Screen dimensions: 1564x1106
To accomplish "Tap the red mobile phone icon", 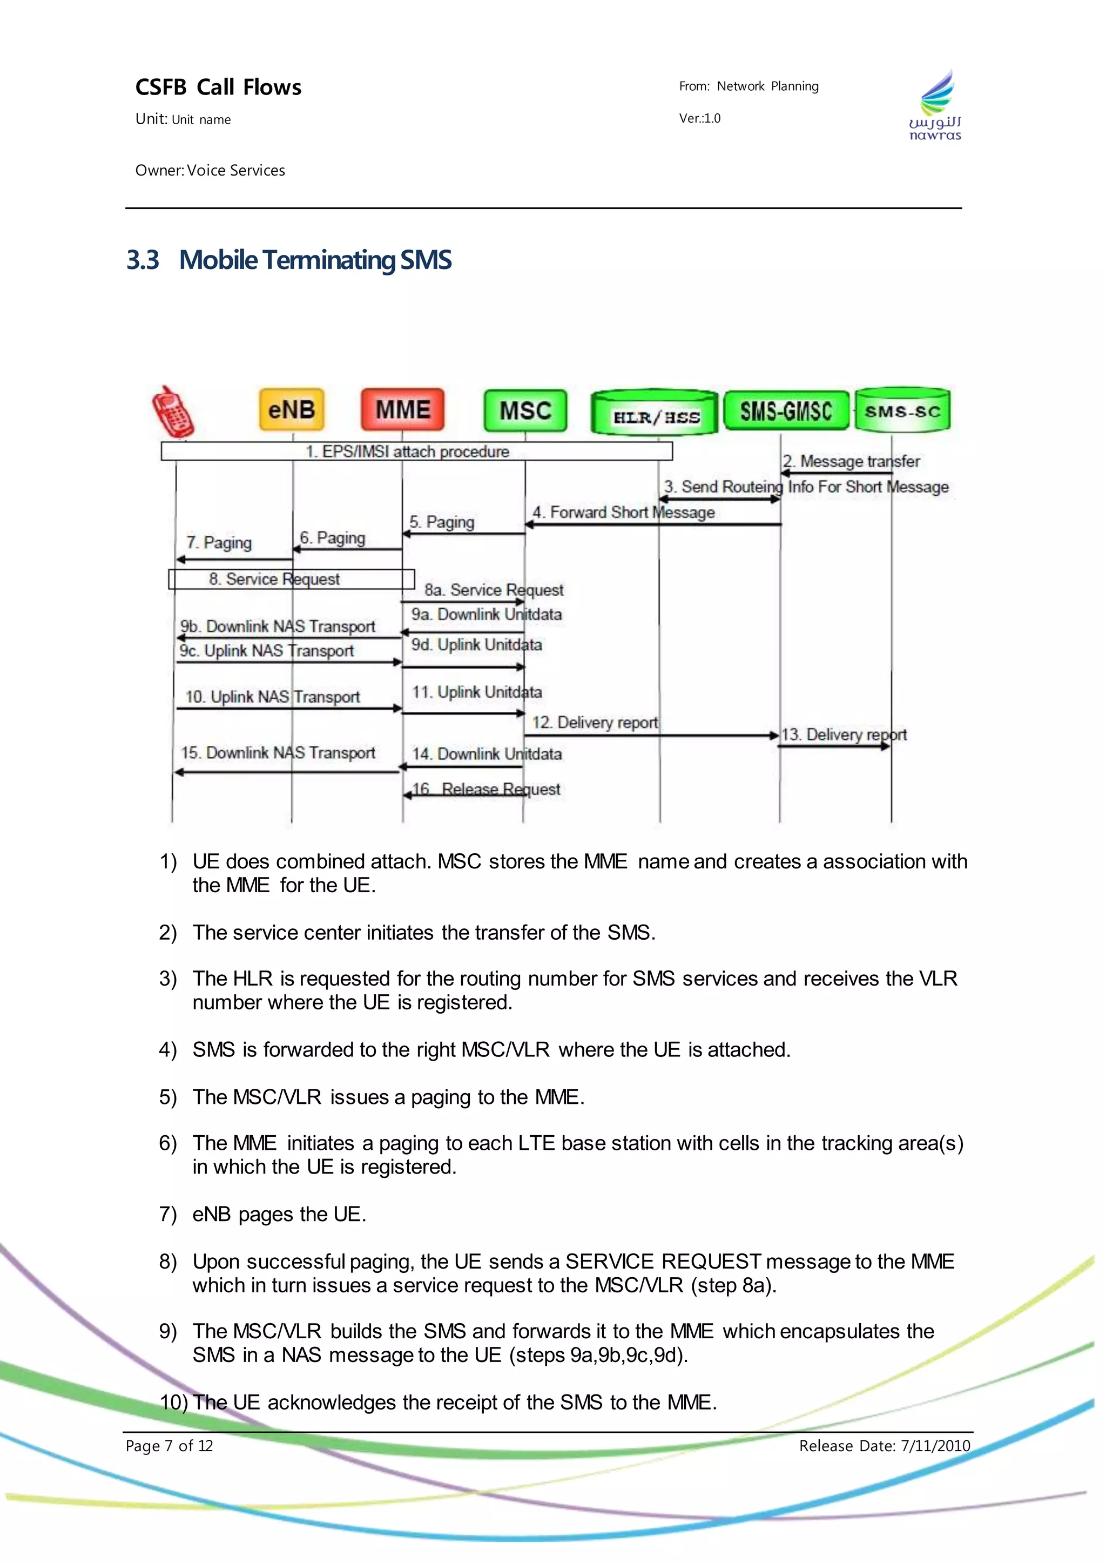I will pos(172,412).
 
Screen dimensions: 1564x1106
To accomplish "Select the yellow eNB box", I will pos(292,409).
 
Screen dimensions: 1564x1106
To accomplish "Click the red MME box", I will pos(402,409).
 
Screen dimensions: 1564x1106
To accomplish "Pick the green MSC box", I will pos(525,410).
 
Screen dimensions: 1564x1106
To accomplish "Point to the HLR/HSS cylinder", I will pos(655,413).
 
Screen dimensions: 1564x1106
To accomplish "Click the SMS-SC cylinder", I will pos(902,410).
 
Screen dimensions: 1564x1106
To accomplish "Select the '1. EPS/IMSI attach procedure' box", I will pos(416,451).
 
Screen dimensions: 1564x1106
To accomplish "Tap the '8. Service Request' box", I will pos(292,579).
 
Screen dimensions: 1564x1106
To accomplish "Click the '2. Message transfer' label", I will pos(851,461).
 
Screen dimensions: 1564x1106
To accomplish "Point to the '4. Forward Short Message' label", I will pos(624,513).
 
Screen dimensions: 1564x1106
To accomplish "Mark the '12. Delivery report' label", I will pos(595,722).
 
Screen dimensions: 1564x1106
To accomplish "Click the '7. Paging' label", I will pos(219,542).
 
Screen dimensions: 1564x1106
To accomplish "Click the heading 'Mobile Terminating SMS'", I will pos(315,260).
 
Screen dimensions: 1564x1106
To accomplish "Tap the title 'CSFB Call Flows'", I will pos(218,87).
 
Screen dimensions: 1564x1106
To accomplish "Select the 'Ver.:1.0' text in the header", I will pos(699,118).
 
